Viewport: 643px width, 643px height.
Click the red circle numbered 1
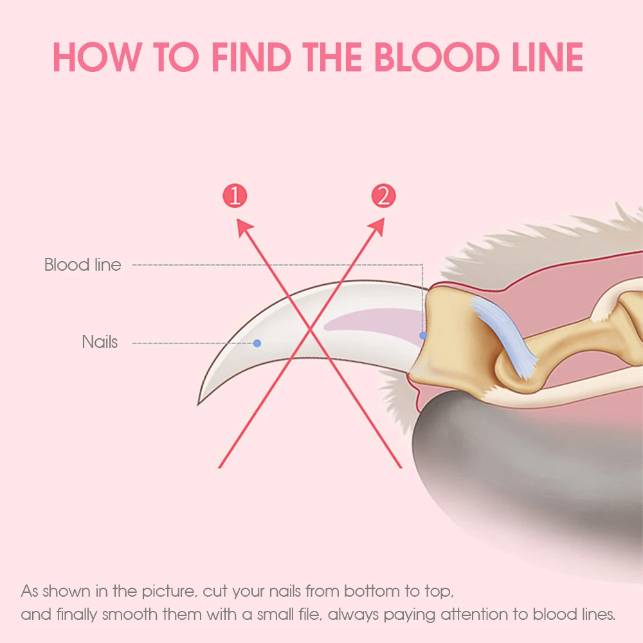coord(235,195)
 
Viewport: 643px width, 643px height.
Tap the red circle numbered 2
coord(383,195)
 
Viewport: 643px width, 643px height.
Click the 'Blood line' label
coord(82,264)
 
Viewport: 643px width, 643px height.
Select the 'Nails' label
coord(100,342)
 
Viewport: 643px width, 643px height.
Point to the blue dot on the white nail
coord(257,343)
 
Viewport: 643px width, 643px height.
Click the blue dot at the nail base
coord(423,335)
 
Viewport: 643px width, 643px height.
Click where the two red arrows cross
coord(311,332)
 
